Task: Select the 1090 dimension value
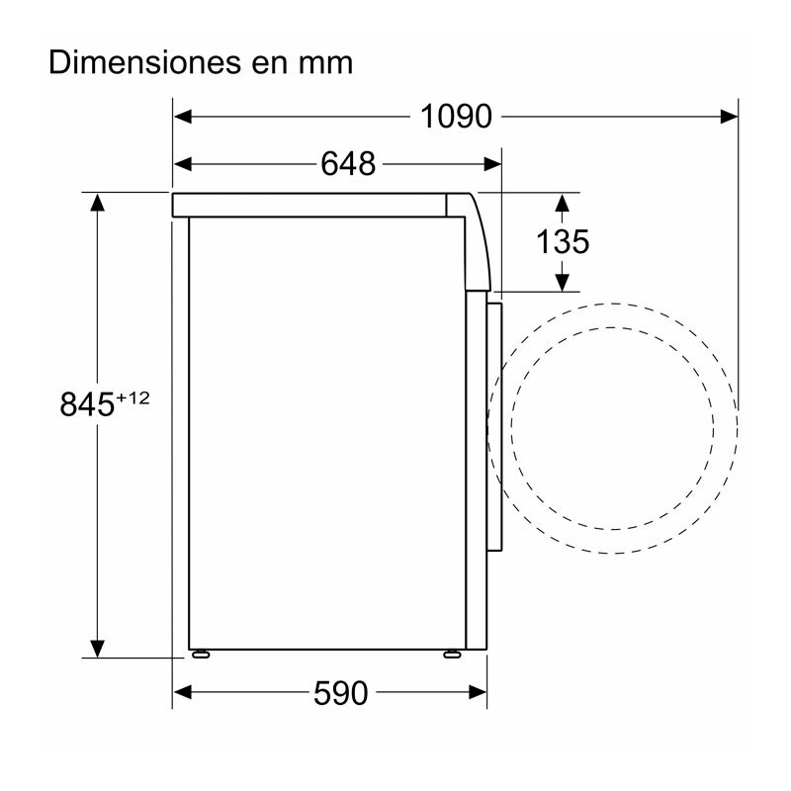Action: (x=456, y=117)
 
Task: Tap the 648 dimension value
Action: (x=348, y=163)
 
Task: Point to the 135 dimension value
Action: (x=562, y=241)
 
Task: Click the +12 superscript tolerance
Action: (x=132, y=396)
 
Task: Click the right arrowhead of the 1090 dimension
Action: (x=730, y=117)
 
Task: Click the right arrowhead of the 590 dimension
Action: (x=481, y=692)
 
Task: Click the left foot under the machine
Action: (x=202, y=653)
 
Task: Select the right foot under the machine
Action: (x=453, y=653)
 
